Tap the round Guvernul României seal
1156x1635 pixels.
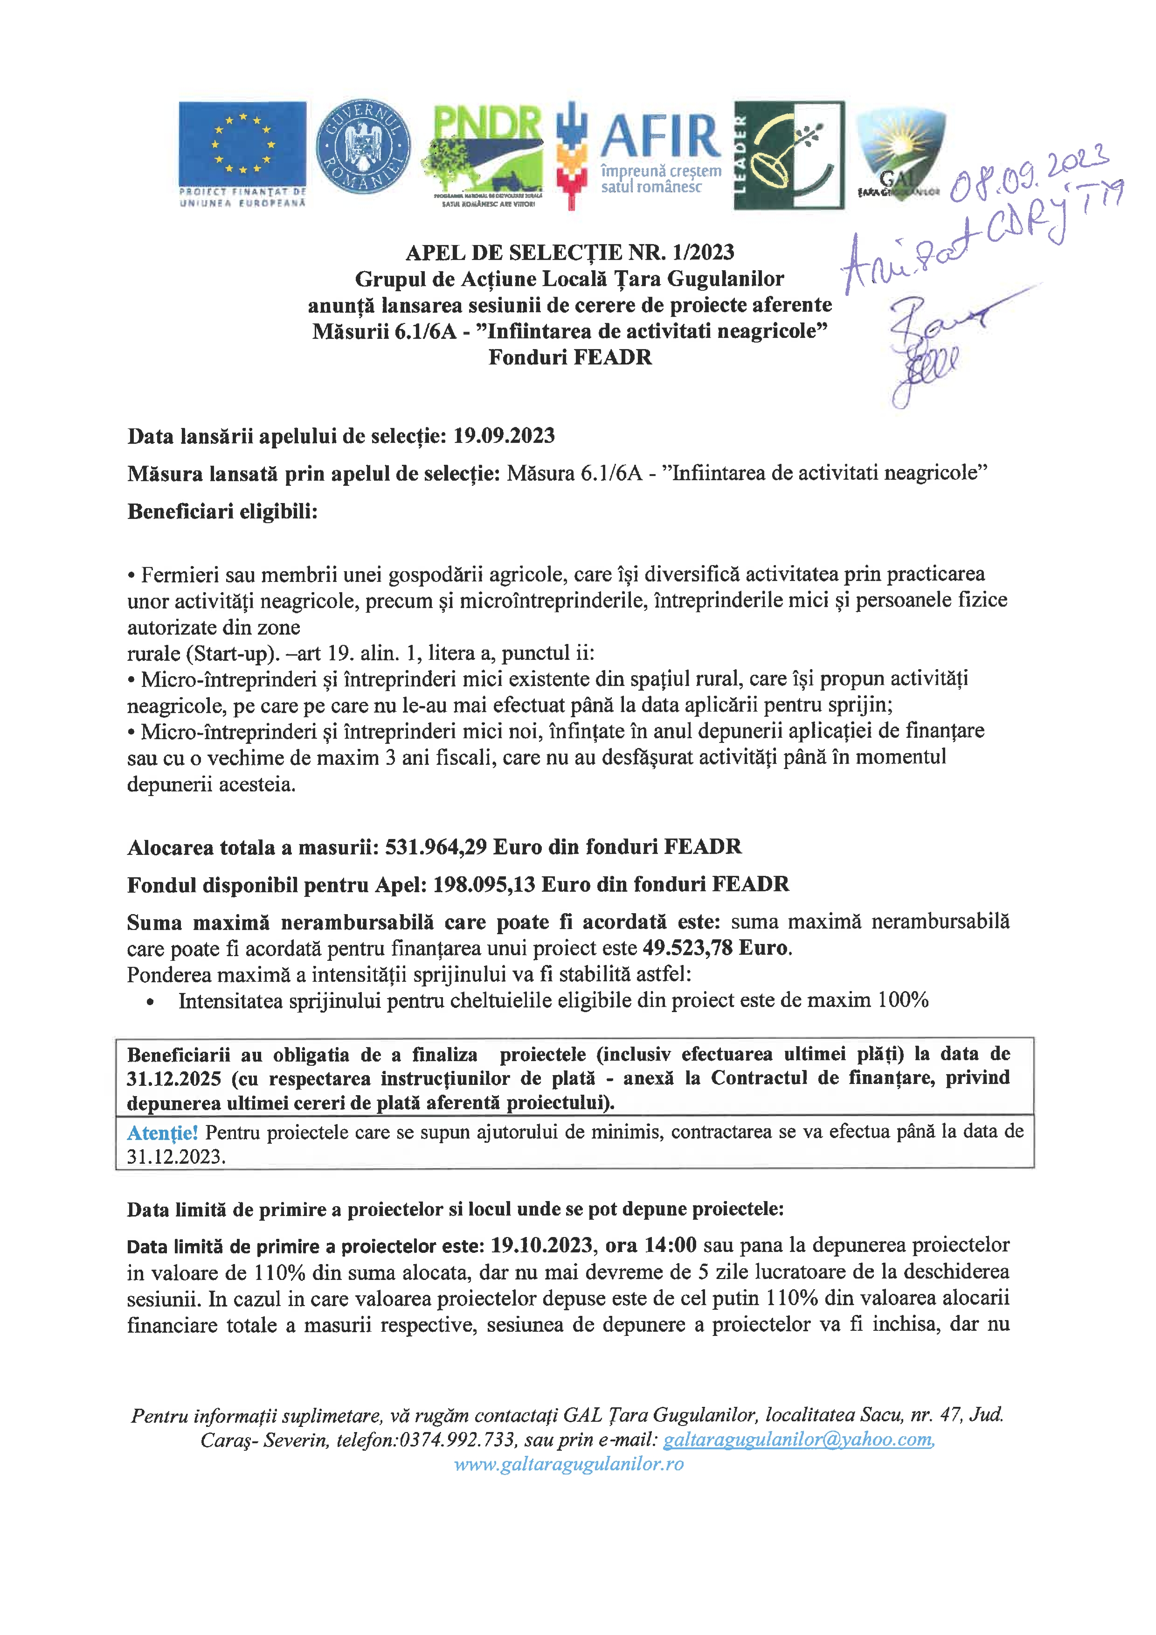pyautogui.click(x=363, y=147)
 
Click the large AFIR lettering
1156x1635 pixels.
pyautogui.click(x=661, y=137)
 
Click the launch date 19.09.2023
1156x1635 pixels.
pyautogui.click(x=504, y=436)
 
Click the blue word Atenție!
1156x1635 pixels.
pyautogui.click(x=162, y=1132)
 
